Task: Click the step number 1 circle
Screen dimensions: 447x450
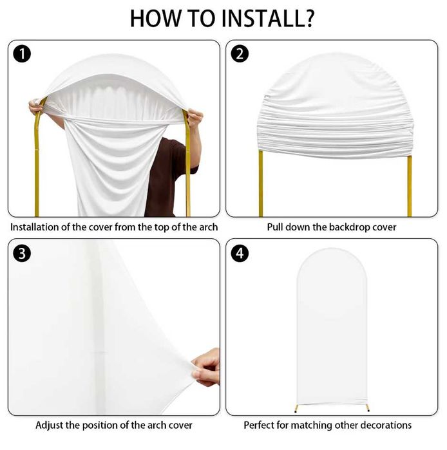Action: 22,54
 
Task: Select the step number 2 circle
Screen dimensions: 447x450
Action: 240,54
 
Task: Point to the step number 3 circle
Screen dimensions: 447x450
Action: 22,253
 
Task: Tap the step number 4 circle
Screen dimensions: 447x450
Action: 240,253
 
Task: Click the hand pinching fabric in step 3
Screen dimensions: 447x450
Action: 206,368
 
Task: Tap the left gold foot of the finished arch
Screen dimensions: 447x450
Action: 296,408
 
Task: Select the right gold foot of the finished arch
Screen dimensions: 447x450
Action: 368,408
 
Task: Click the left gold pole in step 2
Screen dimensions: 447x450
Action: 261,183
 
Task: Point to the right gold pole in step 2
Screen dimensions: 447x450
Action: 410,186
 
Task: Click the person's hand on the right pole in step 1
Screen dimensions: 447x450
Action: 195,118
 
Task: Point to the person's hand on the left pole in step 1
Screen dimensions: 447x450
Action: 35,107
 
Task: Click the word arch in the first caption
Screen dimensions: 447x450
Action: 209,227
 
